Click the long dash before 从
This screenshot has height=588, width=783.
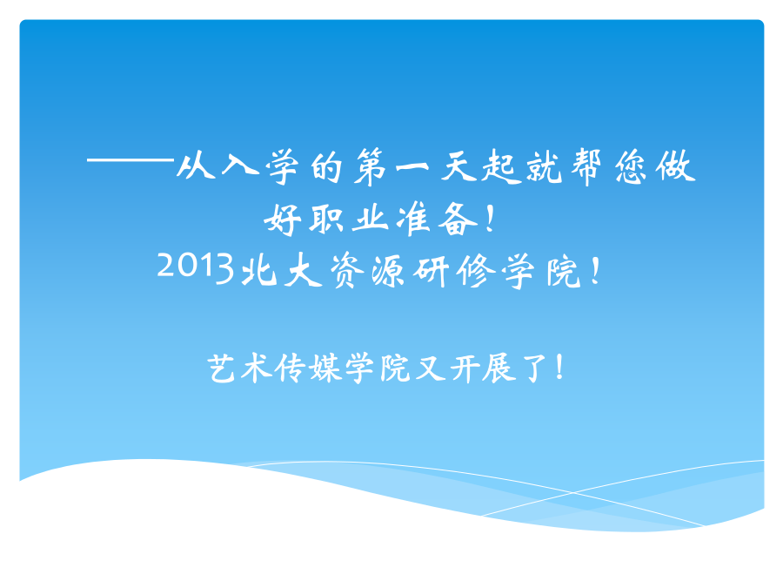[x=130, y=160]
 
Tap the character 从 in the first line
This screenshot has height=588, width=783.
[x=196, y=166]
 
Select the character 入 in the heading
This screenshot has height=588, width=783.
[x=240, y=164]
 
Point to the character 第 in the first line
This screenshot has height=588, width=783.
[x=371, y=167]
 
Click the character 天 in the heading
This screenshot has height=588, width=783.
[x=458, y=166]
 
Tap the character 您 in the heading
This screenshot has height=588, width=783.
[x=632, y=167]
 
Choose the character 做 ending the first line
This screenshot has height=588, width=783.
[x=676, y=166]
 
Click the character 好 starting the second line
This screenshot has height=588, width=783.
[x=282, y=220]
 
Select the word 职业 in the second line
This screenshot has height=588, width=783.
[x=348, y=219]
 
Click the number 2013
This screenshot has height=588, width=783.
[x=195, y=267]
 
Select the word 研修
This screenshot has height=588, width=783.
[x=454, y=271]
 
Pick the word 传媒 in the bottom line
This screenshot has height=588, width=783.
[x=307, y=368]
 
